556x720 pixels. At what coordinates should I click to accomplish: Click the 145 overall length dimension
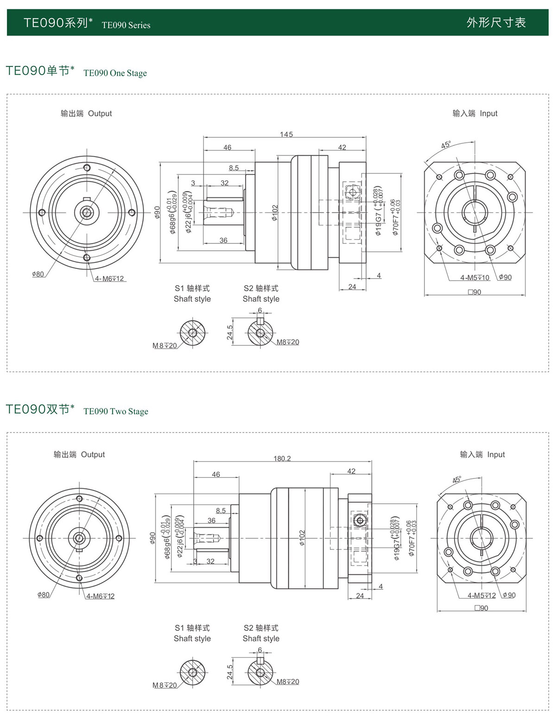tap(286, 134)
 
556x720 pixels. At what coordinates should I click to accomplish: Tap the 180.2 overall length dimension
tap(282, 459)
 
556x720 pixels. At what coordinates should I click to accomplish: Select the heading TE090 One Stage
tap(115, 73)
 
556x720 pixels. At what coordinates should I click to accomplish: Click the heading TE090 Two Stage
tap(116, 411)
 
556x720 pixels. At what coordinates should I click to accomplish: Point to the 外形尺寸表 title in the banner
tap(496, 22)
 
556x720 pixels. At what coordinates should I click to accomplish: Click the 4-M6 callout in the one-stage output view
tap(109, 279)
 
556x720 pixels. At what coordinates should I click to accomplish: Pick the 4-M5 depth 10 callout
tap(474, 278)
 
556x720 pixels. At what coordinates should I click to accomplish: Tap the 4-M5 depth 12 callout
tap(481, 595)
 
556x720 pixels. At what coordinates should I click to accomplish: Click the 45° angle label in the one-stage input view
tap(446, 145)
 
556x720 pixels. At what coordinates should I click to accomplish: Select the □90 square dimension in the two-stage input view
tap(481, 608)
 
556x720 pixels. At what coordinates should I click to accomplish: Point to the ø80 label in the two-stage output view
tap(44, 595)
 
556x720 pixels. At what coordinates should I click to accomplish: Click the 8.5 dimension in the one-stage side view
tap(234, 168)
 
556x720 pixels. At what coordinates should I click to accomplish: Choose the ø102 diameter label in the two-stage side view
tap(302, 538)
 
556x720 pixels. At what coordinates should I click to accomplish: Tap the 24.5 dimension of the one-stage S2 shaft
tap(230, 332)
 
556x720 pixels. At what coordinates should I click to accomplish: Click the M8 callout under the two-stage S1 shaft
tap(164, 685)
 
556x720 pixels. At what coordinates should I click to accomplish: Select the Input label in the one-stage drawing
tap(488, 113)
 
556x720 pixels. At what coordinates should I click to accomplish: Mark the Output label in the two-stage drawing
tap(93, 454)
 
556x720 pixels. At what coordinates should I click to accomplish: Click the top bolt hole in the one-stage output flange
tap(86, 168)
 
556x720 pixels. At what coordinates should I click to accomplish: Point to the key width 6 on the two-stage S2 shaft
tap(260, 650)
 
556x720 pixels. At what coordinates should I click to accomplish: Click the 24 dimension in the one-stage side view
tap(352, 287)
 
